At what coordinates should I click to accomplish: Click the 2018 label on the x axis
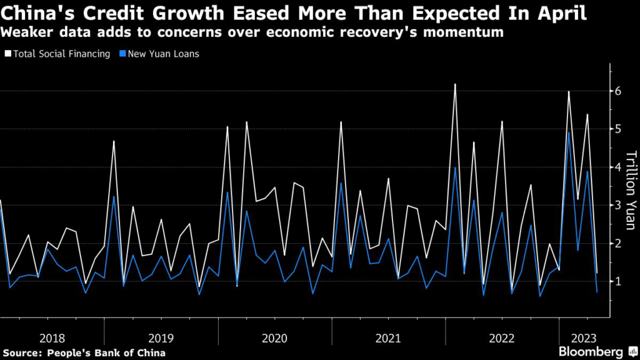point(52,338)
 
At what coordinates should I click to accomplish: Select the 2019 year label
point(162,338)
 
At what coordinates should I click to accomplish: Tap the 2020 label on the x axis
point(275,338)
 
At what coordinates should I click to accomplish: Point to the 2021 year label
point(389,338)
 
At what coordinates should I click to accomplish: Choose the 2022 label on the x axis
point(502,338)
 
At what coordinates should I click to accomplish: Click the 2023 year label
point(582,338)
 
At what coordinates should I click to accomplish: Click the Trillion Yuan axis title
point(631,189)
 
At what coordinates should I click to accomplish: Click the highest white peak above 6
point(455,84)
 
